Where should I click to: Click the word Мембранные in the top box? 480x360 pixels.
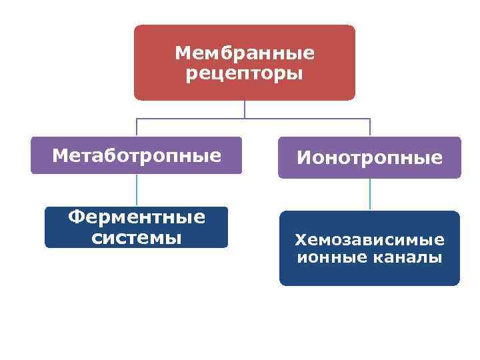(244, 52)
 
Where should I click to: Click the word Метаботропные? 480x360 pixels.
(137, 156)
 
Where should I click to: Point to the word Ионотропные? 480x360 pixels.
(369, 158)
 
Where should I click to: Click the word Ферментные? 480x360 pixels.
(137, 217)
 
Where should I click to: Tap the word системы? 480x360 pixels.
(137, 237)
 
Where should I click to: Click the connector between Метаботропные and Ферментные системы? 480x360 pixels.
(137, 190)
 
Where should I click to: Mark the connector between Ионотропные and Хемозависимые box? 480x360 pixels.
(370, 195)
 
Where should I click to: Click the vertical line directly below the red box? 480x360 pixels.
(245, 109)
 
